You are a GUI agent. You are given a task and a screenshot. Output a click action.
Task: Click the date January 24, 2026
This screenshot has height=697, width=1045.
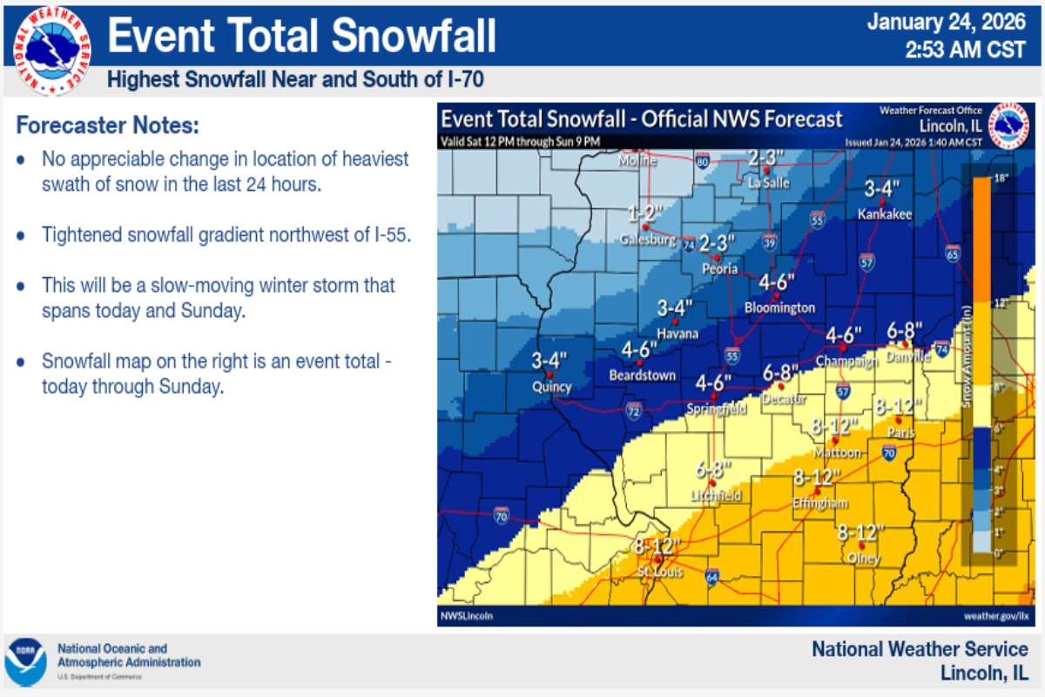947,23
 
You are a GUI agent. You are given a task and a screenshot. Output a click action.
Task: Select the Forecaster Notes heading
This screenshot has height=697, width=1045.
107,125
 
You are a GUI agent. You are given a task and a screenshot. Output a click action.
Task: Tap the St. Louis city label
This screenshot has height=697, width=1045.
660,572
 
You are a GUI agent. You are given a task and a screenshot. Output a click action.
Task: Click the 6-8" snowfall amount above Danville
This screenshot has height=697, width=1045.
904,330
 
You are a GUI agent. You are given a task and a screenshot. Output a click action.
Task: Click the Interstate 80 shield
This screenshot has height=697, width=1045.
703,160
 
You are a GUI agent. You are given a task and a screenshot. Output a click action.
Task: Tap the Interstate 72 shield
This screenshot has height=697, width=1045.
633,411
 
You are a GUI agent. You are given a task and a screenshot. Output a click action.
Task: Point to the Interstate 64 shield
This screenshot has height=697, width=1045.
711,576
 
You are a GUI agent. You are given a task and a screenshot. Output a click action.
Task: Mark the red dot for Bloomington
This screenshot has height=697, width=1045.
776,295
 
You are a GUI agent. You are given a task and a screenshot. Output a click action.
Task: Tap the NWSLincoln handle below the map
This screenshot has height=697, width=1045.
467,616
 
